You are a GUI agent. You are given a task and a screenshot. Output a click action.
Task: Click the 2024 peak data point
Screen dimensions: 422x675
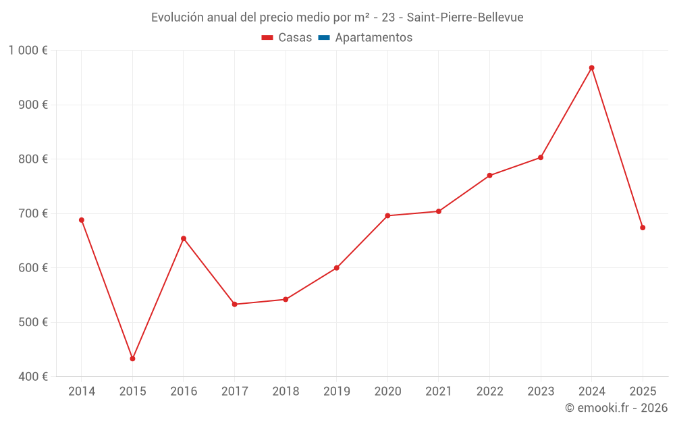(x=591, y=68)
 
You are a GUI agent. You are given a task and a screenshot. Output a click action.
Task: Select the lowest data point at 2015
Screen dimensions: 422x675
(x=132, y=359)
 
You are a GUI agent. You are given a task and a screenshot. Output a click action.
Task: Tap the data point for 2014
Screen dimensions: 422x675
(x=82, y=220)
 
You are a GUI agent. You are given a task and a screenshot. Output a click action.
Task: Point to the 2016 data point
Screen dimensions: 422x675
(x=184, y=238)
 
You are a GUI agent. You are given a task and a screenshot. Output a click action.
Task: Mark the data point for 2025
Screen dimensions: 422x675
(x=643, y=228)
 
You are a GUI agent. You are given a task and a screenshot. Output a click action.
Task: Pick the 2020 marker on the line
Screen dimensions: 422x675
(x=387, y=215)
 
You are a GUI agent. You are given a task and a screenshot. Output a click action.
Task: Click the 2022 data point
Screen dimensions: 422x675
(x=489, y=176)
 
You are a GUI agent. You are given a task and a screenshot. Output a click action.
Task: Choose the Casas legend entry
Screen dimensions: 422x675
(x=287, y=38)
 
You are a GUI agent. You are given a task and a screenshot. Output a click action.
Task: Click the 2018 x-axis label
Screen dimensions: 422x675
(x=286, y=392)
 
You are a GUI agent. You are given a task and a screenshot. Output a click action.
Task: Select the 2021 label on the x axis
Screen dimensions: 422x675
(x=439, y=392)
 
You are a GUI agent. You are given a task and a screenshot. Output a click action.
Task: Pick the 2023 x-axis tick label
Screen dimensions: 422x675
(x=541, y=392)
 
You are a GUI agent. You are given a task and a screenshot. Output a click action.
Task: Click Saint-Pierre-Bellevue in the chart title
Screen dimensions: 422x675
(x=465, y=18)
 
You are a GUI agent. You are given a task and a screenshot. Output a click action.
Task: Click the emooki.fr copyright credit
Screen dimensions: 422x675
(x=616, y=408)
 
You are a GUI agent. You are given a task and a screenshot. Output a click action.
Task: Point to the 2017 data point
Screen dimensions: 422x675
(x=234, y=305)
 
